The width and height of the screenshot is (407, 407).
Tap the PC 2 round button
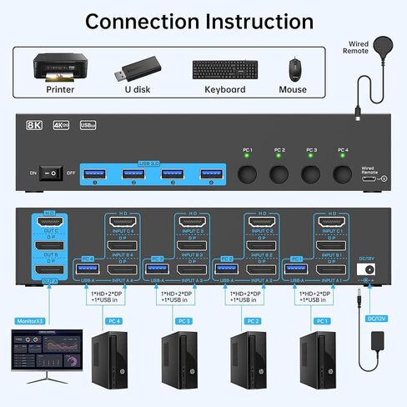pos(279,174)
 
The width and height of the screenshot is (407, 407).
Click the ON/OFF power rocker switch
pos(53,173)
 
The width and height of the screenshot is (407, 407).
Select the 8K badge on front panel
pos(33,125)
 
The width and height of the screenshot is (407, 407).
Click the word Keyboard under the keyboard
pos(225,90)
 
